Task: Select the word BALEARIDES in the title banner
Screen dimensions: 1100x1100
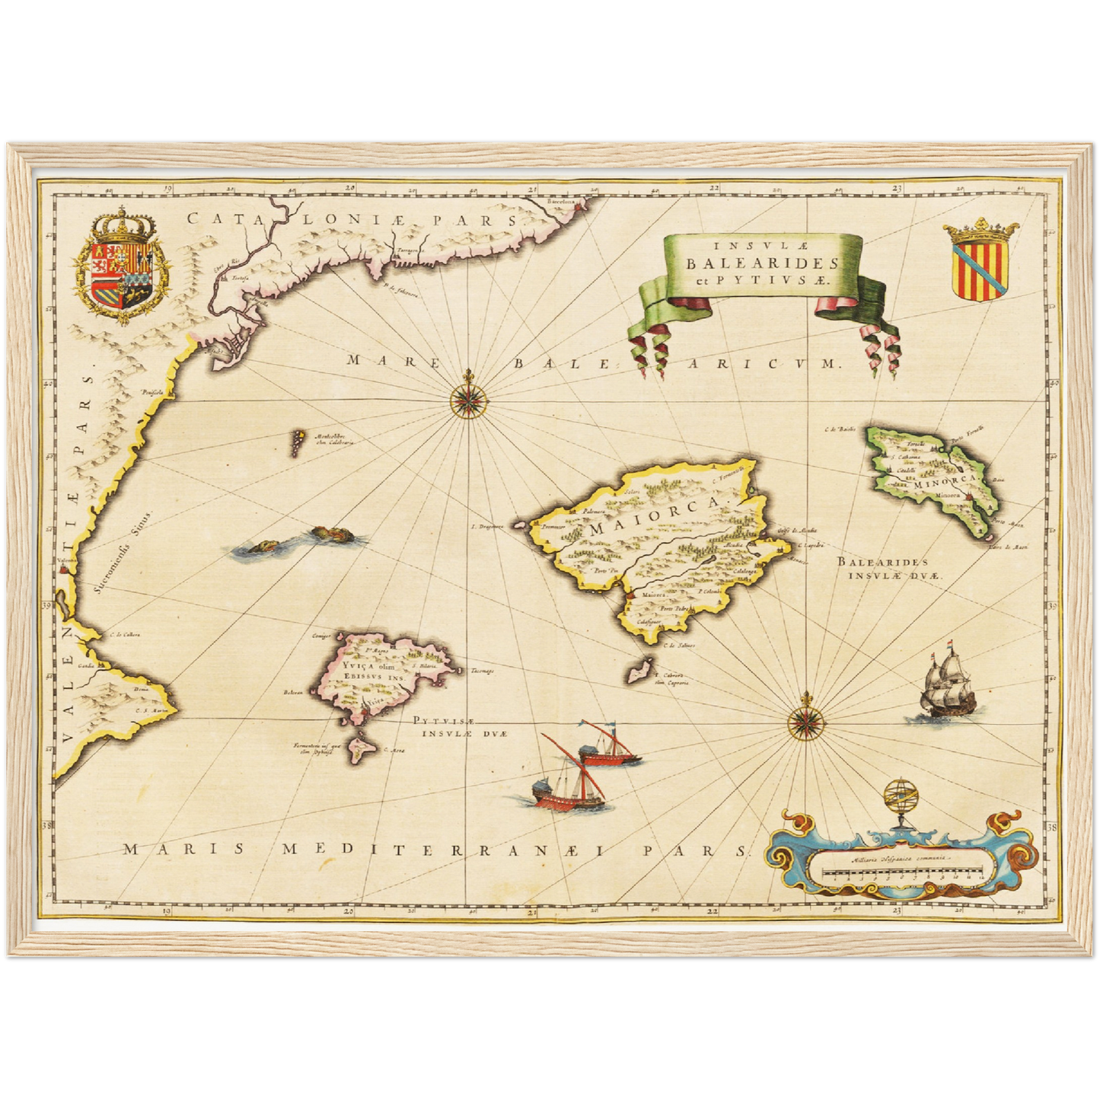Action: [761, 263]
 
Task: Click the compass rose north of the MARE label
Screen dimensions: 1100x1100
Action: [466, 398]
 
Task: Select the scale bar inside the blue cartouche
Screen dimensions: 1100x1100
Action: [904, 876]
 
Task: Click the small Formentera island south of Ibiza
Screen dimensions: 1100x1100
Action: [357, 748]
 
